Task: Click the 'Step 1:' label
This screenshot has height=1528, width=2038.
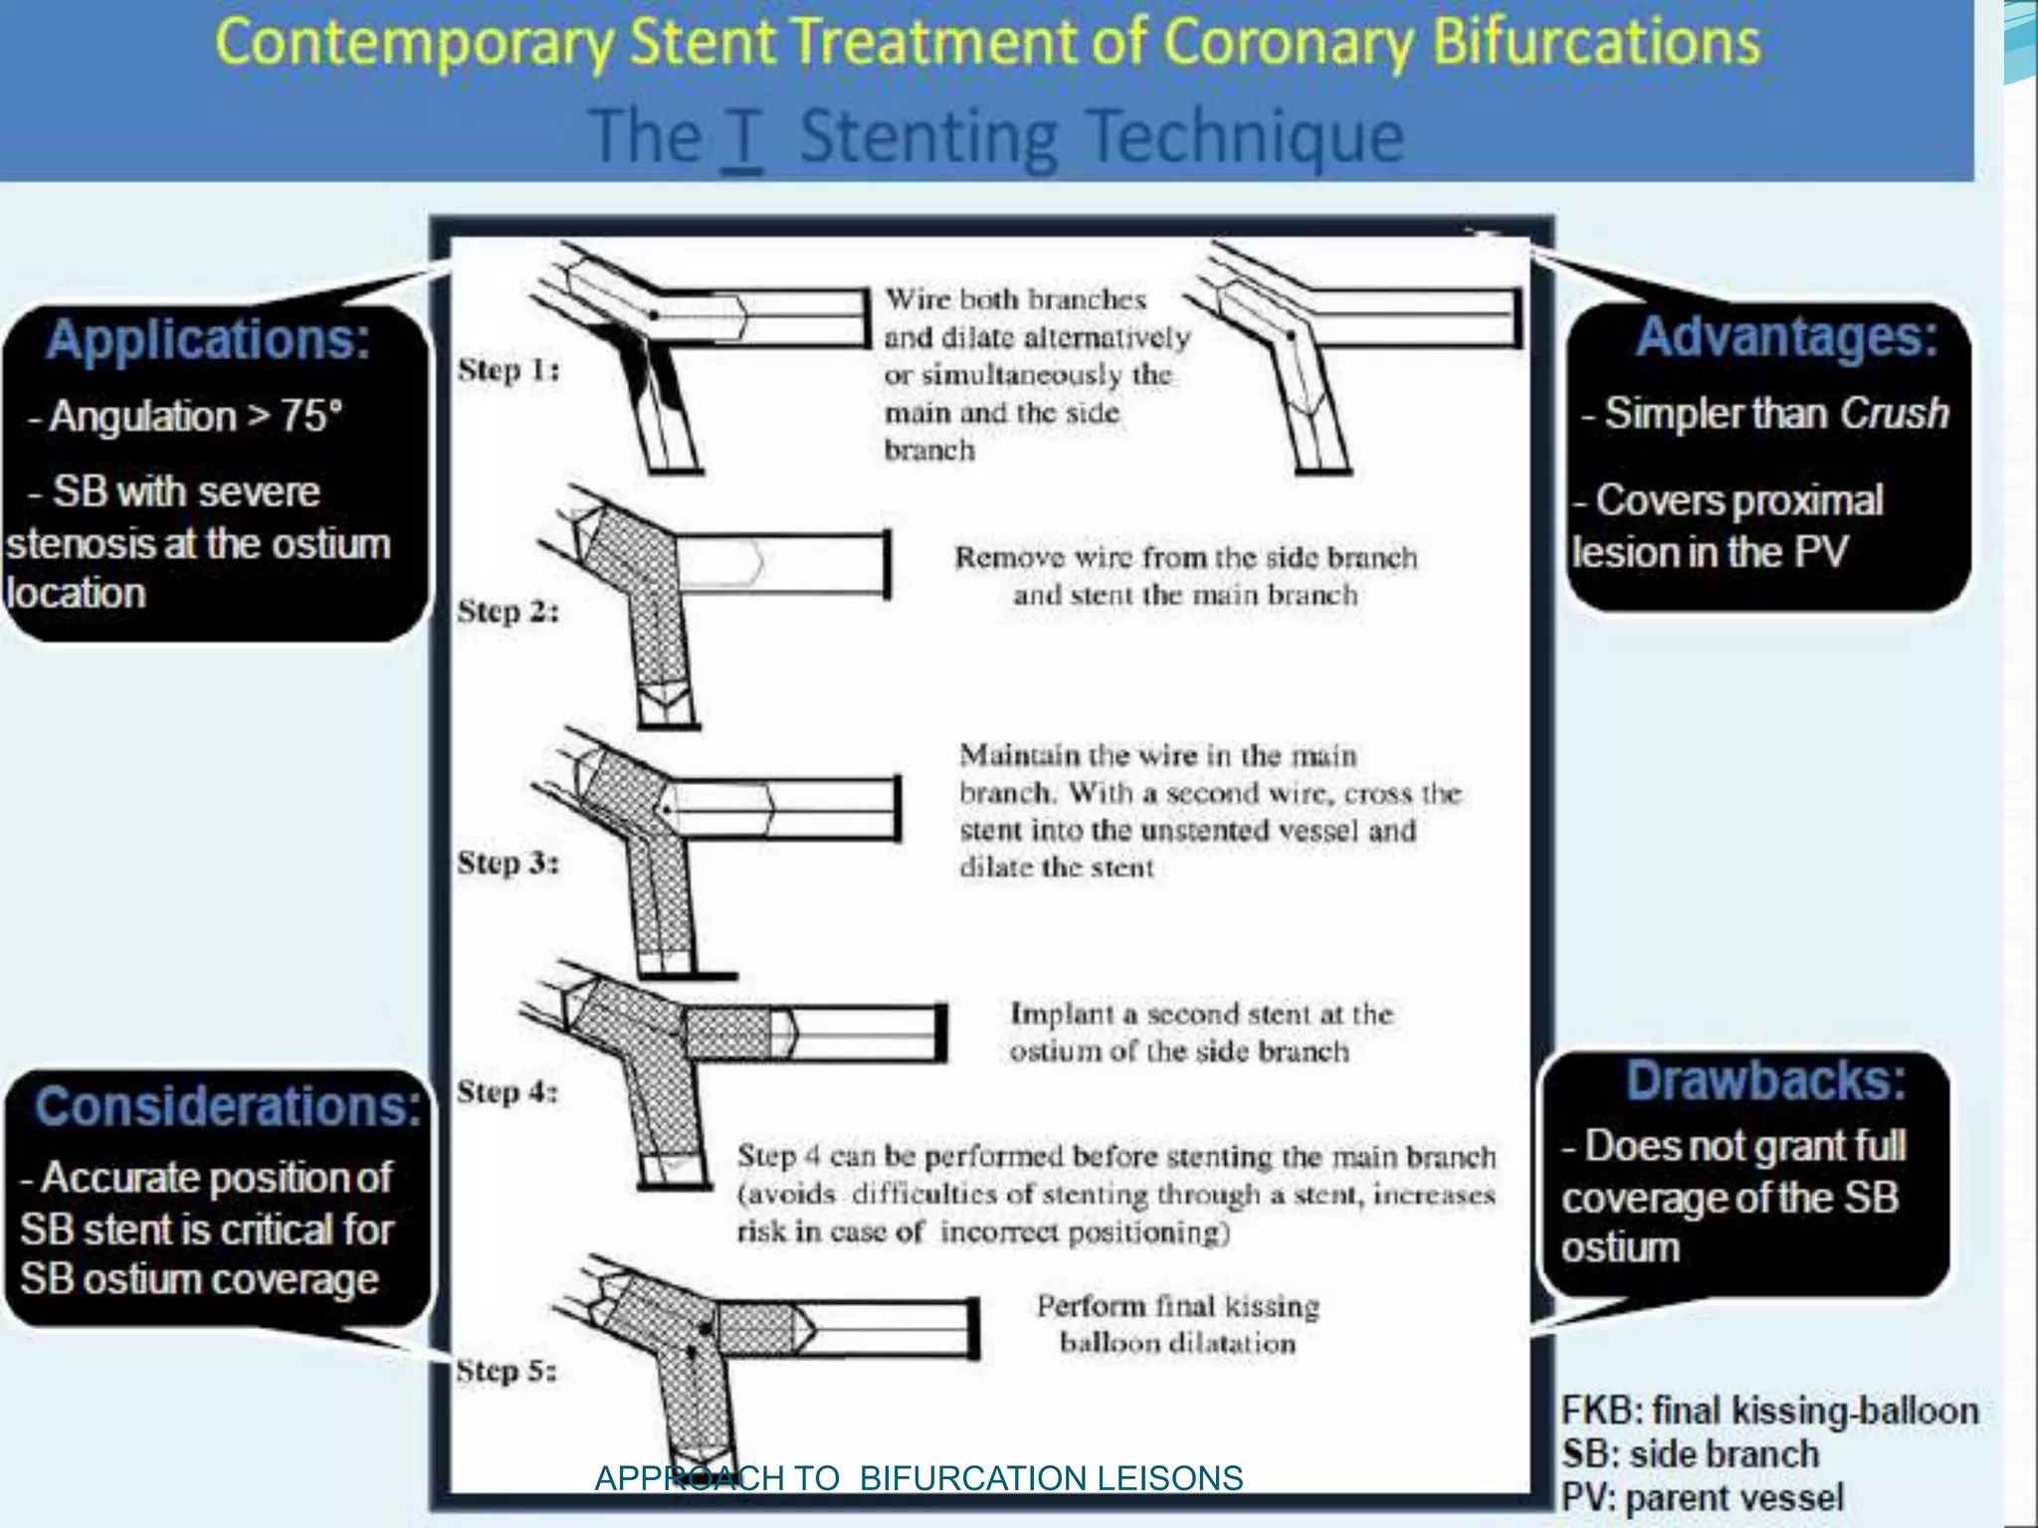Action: click(x=509, y=370)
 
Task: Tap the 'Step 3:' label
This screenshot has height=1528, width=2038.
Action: click(x=508, y=862)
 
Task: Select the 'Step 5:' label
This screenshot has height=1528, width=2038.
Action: click(x=506, y=1371)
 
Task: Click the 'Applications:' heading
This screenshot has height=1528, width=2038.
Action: click(x=207, y=339)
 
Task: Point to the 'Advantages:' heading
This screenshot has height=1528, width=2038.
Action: click(x=1786, y=336)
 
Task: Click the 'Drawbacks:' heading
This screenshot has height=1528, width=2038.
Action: click(x=1765, y=1080)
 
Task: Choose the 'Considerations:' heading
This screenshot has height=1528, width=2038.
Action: click(x=227, y=1106)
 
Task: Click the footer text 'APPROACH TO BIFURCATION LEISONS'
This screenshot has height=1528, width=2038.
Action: click(x=917, y=1478)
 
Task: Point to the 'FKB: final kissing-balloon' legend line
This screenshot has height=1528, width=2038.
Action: click(x=1769, y=1411)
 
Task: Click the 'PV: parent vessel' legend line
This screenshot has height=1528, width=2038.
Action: click(x=1702, y=1497)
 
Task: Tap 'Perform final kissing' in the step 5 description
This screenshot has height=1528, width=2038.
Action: click(x=1177, y=1306)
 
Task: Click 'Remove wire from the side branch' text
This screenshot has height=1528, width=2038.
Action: click(x=1185, y=557)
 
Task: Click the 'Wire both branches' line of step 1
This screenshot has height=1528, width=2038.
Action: click(x=1016, y=299)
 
